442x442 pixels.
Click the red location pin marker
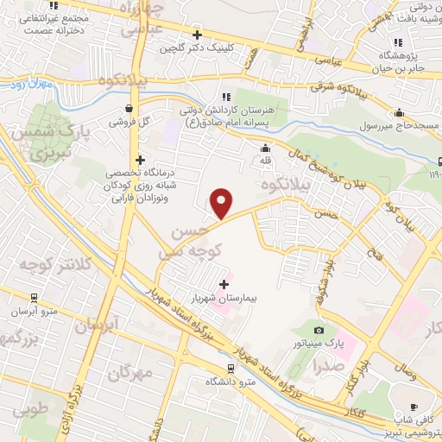[223, 204]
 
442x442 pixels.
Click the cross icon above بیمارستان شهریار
[224, 283]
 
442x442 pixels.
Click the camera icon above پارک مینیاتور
[319, 331]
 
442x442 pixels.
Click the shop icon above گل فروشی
[129, 109]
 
